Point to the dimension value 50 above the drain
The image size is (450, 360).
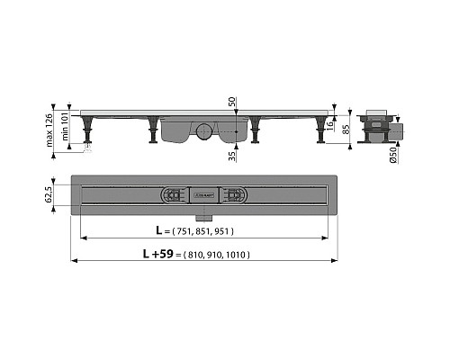point(232,103)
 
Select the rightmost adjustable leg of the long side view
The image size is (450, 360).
point(320,129)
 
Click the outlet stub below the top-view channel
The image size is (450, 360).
point(202,216)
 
